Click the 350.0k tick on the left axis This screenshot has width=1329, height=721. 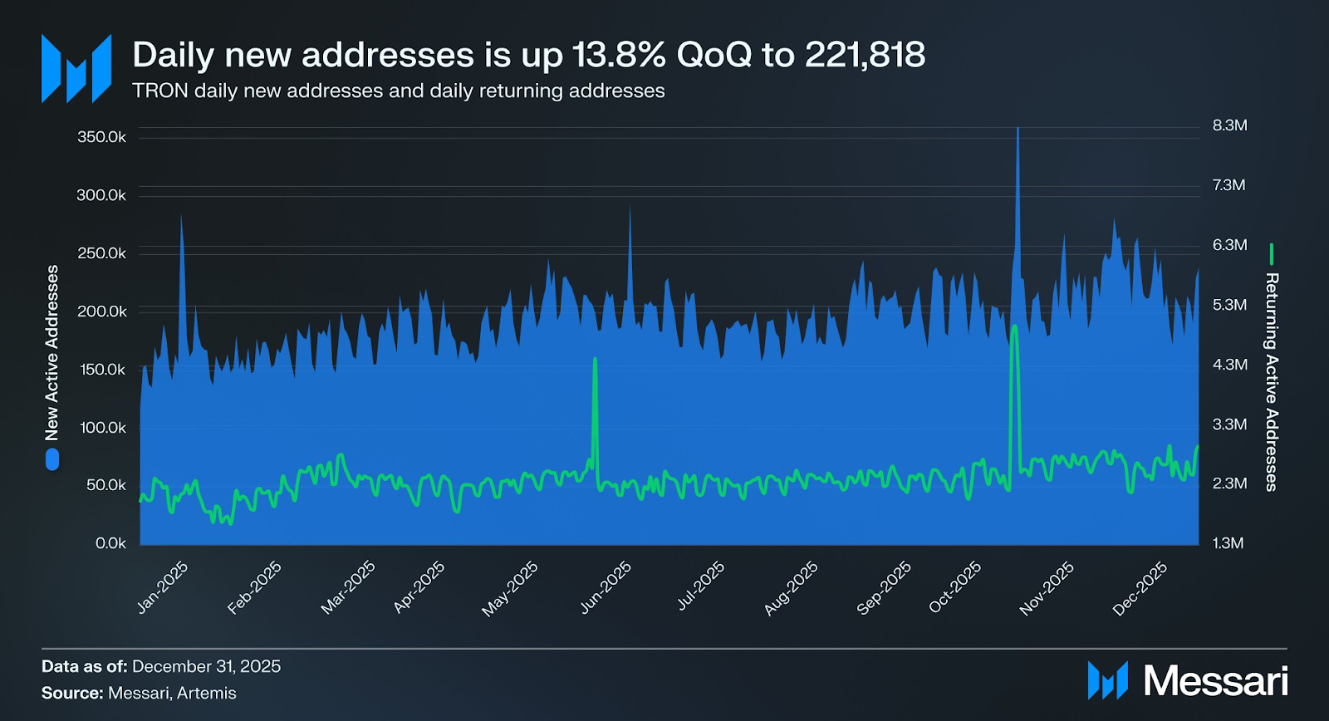coord(101,137)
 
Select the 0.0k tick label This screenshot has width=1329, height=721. coord(110,543)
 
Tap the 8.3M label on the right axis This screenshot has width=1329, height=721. coord(1229,125)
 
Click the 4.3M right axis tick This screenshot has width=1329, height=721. coord(1229,365)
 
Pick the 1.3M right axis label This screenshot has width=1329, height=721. coord(1228,543)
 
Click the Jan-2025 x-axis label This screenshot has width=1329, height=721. coord(163,587)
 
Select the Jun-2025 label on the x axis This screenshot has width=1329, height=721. coord(606,587)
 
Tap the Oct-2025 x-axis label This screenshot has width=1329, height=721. coord(955,587)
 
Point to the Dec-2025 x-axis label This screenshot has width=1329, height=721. coord(1140,588)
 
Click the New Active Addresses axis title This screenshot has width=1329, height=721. coord(52,353)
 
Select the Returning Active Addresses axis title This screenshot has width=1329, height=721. coord(1271,382)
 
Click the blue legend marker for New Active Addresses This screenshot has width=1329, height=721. coord(52,459)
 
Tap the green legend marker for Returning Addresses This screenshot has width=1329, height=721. coord(1271,254)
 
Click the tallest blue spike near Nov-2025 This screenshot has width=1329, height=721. coord(1018,133)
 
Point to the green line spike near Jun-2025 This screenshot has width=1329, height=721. coord(595,362)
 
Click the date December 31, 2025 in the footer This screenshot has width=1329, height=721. coord(206,666)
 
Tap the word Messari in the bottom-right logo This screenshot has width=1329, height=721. coord(1215,681)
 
